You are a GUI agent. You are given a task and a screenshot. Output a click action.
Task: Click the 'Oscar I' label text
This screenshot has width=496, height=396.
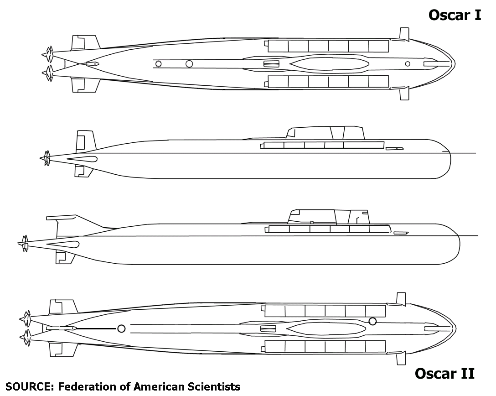click(x=455, y=15)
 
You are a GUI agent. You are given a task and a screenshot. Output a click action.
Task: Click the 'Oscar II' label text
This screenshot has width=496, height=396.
click(x=444, y=374)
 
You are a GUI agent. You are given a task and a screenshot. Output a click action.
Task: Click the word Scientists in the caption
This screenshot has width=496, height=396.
click(x=214, y=387)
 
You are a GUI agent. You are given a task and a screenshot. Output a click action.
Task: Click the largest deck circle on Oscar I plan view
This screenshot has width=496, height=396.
click(x=189, y=64)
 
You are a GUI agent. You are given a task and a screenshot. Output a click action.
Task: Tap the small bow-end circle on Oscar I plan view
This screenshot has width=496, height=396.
click(x=408, y=64)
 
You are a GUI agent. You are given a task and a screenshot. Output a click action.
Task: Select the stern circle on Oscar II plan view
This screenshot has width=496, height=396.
click(x=121, y=329)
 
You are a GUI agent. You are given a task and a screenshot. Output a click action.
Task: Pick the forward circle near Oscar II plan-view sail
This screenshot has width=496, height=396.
click(x=372, y=322)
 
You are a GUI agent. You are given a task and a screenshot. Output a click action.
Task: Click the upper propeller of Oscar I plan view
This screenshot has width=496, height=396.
click(x=48, y=54)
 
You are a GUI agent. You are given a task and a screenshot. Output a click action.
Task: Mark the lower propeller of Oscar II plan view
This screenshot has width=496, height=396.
click(x=26, y=338)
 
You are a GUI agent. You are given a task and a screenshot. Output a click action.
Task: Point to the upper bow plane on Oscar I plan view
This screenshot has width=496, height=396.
click(x=403, y=35)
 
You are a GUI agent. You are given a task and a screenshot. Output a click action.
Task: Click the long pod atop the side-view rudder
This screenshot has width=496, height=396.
click(x=61, y=218)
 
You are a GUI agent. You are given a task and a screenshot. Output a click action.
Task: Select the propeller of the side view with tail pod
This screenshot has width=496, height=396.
click(x=24, y=244)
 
